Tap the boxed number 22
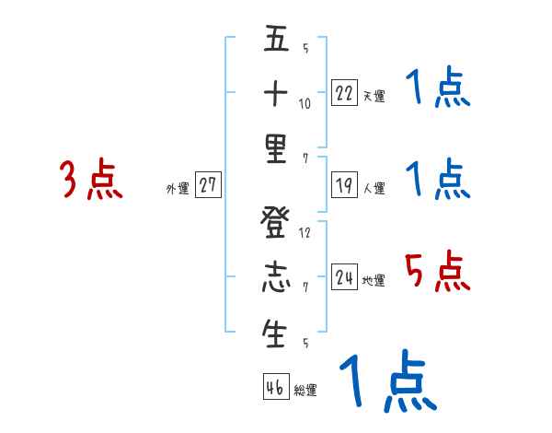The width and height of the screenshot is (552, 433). click(344, 92)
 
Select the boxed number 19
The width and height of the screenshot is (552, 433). click(344, 184)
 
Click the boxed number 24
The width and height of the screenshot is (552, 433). click(344, 276)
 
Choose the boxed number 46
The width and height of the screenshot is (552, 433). click(275, 387)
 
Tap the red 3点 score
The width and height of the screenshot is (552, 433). click(92, 180)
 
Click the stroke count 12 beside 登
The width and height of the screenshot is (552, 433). click(305, 232)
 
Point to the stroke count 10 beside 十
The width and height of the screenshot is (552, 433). click(305, 103)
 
